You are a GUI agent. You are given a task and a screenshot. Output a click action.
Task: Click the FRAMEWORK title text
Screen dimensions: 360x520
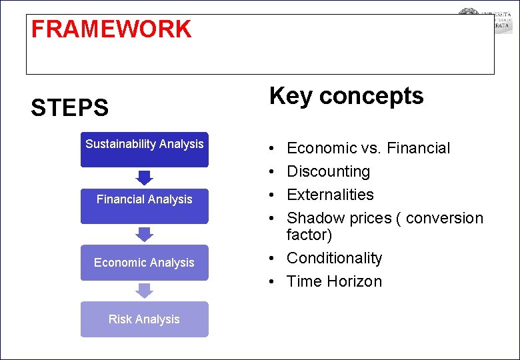111,29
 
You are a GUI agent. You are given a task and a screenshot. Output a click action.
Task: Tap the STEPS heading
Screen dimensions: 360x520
69,107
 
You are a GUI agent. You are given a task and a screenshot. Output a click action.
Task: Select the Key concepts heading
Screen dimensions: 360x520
346,96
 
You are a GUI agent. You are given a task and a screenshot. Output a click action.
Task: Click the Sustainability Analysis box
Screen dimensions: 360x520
145,149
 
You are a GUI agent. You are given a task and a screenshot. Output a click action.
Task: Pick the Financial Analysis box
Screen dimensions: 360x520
145,206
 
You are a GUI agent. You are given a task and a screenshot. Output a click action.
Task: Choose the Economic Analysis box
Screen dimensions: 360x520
145,263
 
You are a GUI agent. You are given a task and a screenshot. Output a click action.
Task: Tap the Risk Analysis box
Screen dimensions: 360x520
145,319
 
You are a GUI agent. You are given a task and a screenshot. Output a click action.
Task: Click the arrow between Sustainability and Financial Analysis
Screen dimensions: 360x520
145,177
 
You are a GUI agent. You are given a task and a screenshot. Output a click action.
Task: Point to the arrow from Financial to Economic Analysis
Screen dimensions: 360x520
145,234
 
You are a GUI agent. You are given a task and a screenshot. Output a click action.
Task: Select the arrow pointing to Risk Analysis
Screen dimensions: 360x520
145,291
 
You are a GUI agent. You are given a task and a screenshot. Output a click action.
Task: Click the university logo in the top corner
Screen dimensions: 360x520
485,21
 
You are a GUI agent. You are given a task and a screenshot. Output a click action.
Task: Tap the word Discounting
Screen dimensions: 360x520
328,171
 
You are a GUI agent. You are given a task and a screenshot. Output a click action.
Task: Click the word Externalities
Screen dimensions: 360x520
330,195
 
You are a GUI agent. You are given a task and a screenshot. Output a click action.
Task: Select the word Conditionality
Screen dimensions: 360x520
334,258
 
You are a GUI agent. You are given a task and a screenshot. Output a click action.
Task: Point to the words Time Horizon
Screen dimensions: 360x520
334,281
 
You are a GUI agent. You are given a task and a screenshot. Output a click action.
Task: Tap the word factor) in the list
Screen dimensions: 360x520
309,235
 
